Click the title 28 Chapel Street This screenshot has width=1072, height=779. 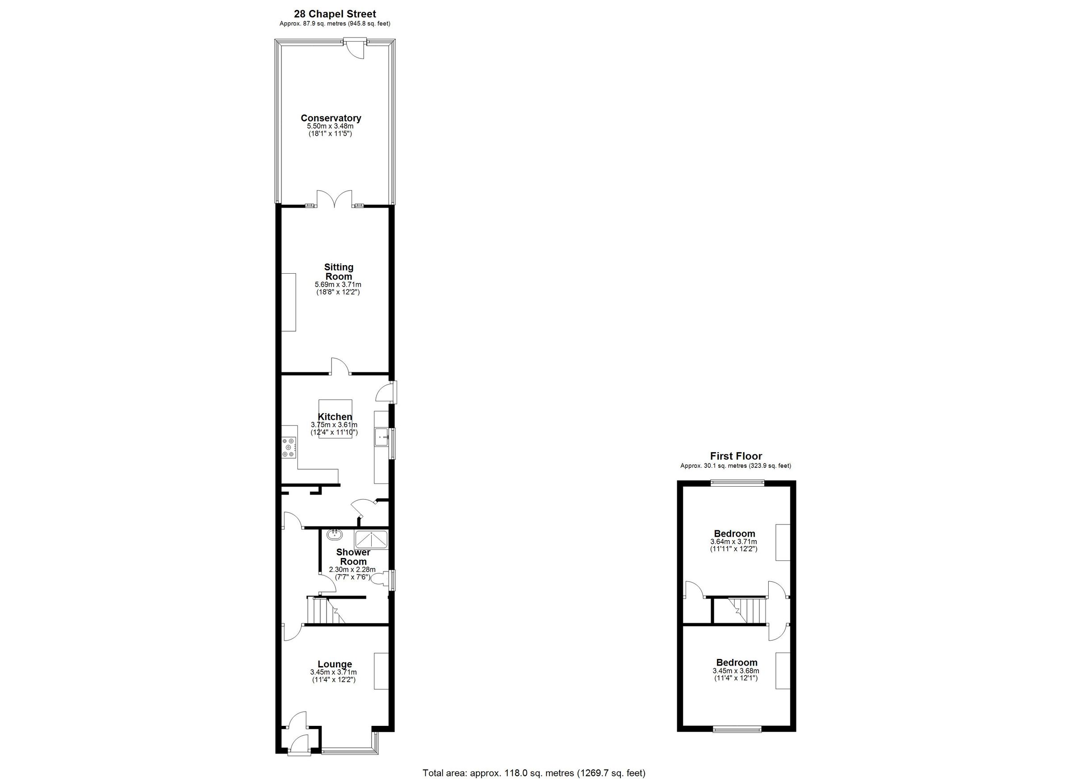point(335,14)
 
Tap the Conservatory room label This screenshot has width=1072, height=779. point(331,118)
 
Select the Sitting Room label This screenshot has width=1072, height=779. point(339,271)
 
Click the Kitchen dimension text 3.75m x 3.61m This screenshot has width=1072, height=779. point(334,425)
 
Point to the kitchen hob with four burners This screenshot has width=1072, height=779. point(289,447)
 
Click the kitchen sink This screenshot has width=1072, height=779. point(381,437)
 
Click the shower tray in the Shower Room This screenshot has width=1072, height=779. point(371,539)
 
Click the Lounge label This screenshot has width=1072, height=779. point(335,664)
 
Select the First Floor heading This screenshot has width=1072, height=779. point(736,456)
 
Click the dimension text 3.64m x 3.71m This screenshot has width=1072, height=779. point(733,542)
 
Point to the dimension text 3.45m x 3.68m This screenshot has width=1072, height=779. point(736,671)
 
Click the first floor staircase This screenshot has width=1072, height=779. point(747,610)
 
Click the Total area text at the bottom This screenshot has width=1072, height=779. point(534,773)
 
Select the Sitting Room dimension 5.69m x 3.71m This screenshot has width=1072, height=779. point(338,284)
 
